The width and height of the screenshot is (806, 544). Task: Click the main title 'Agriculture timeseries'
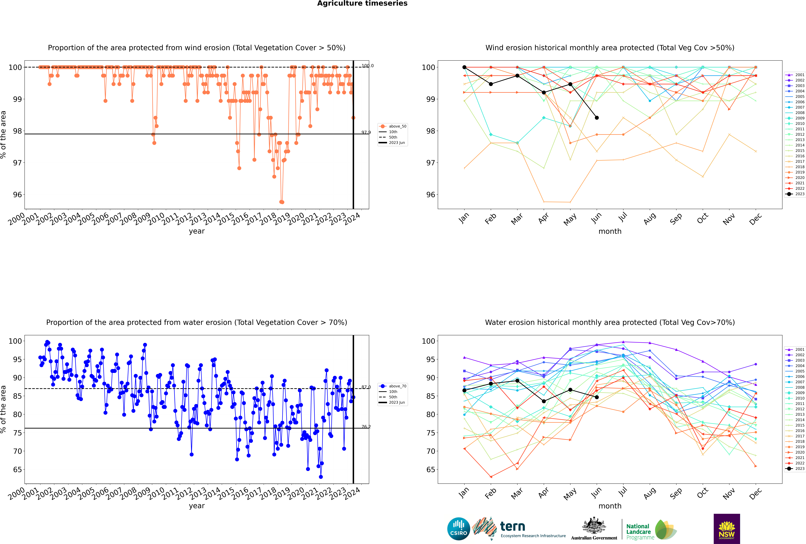(x=362, y=3)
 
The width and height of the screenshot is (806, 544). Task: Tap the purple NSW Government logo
(x=727, y=528)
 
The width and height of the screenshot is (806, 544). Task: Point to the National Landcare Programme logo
(x=651, y=530)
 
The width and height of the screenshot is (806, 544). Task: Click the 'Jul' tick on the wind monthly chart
(x=623, y=217)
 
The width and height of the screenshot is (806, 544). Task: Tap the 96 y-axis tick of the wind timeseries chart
(x=17, y=195)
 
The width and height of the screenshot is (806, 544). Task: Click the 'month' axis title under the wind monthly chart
(x=610, y=231)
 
